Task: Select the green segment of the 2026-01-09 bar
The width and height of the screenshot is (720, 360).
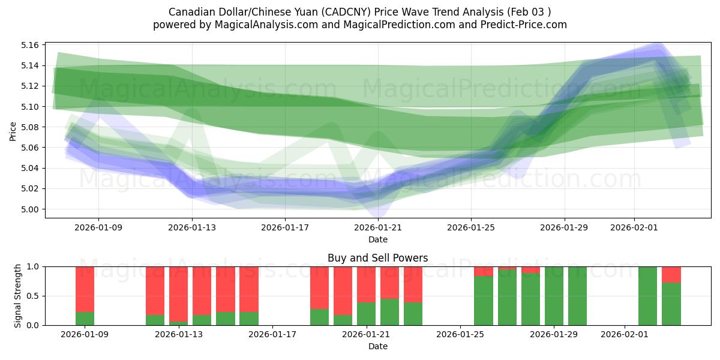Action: pos(85,319)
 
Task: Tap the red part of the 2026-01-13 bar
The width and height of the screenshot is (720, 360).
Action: pos(178,294)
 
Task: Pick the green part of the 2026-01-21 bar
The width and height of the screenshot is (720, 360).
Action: pos(366,314)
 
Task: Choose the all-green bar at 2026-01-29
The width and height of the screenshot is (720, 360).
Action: pos(554,296)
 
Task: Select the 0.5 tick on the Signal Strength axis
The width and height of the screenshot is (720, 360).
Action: pos(34,296)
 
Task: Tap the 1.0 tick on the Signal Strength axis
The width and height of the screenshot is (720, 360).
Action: pos(34,266)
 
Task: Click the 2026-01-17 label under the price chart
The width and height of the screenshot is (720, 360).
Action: pos(285,228)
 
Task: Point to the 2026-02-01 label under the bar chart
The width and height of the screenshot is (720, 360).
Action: pos(625,335)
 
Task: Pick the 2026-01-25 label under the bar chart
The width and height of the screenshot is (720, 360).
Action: pos(460,335)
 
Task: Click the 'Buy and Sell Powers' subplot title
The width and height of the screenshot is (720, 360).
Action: pos(378,259)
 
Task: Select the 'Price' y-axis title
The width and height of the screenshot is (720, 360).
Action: pos(13,130)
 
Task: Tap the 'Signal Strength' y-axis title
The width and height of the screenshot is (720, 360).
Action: pos(17,296)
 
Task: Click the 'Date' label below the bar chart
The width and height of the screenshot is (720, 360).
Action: pos(378,346)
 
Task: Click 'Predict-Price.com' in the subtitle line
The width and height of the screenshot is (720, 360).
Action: pos(524,25)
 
